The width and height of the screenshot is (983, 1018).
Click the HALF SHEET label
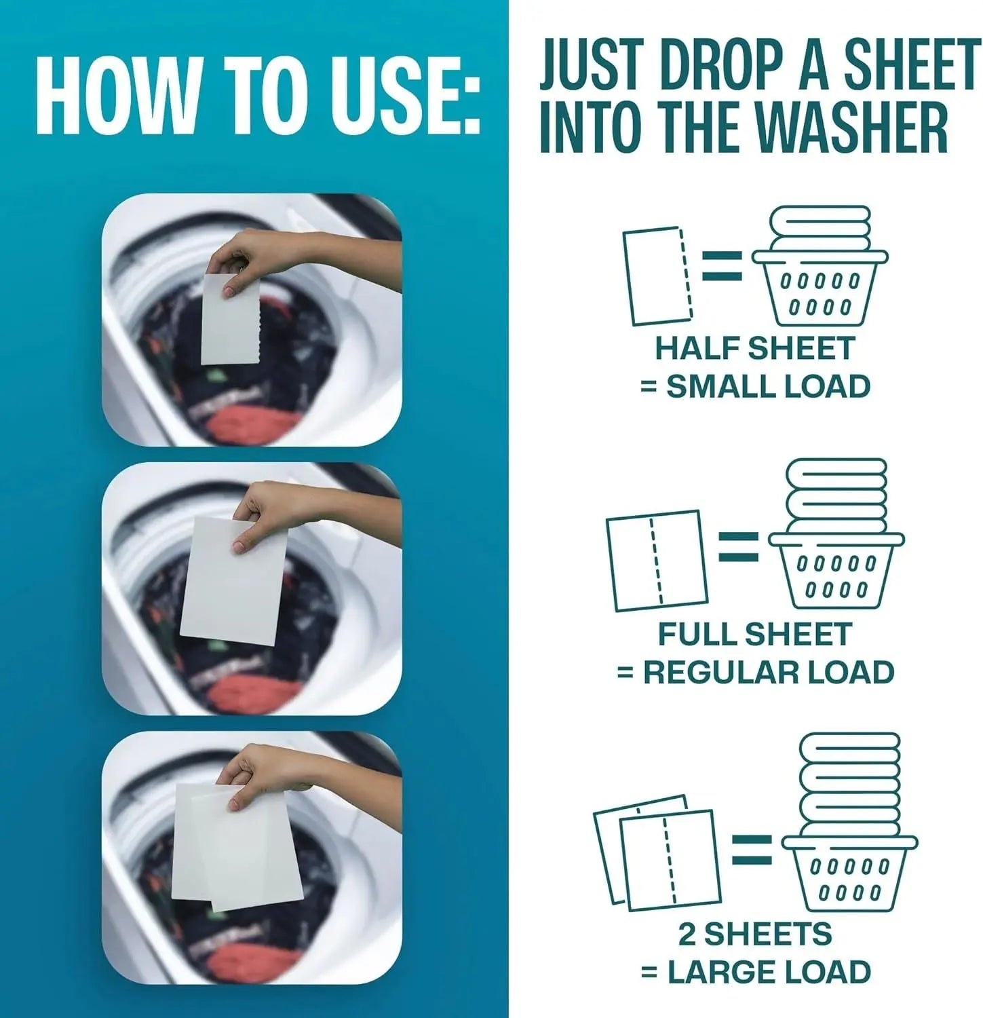pos(754,348)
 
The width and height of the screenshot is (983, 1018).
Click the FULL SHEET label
pos(754,635)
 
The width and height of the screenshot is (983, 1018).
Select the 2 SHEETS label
pos(754,935)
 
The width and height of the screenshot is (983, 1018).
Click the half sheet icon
pos(655,276)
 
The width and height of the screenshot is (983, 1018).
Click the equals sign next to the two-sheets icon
pos(751,849)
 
